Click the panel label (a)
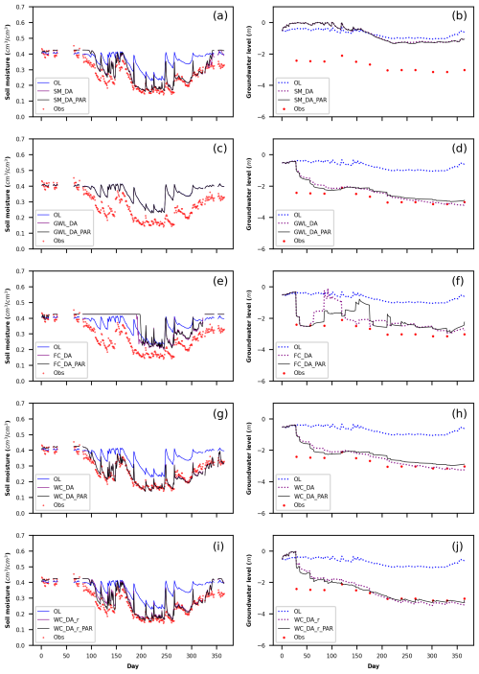click(x=218, y=15)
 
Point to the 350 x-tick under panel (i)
click(x=217, y=655)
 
